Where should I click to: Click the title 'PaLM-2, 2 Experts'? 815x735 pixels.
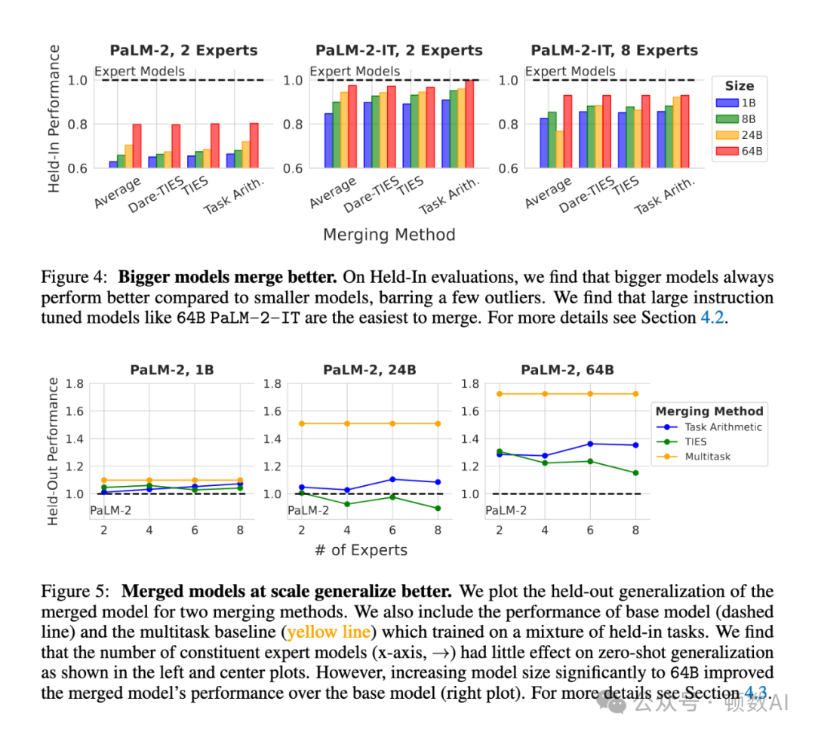click(183, 51)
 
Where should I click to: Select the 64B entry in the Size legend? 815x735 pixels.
click(740, 152)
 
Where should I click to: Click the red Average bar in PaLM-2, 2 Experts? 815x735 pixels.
click(137, 146)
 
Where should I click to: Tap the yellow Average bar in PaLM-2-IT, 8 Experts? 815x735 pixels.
click(558, 149)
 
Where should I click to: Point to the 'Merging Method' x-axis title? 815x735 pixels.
click(389, 235)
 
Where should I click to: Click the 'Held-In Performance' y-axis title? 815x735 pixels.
click(54, 118)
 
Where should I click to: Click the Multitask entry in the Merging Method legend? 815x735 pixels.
click(707, 457)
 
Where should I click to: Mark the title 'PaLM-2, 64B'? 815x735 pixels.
click(567, 370)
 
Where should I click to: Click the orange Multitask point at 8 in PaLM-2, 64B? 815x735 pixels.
click(635, 393)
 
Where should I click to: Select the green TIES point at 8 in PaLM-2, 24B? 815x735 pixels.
click(438, 508)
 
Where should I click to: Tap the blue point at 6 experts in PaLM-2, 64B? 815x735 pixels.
click(590, 444)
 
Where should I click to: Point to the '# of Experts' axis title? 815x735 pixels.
click(361, 550)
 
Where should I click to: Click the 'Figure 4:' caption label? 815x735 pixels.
click(75, 278)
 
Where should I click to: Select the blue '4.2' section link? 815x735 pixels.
click(714, 318)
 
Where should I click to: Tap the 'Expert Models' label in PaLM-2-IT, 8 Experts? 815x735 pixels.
click(570, 72)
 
